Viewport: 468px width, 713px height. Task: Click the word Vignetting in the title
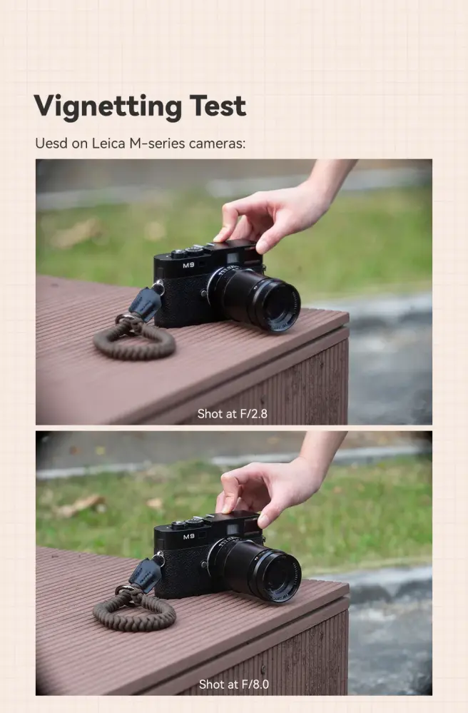(98, 106)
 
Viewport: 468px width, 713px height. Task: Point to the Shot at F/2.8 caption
(233, 413)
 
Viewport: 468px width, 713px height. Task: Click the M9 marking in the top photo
(188, 266)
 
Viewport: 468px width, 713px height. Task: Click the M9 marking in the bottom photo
(188, 536)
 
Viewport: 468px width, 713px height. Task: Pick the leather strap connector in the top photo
(146, 303)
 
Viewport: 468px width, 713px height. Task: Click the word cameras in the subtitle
(217, 143)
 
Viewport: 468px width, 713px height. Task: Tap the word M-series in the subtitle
(157, 143)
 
